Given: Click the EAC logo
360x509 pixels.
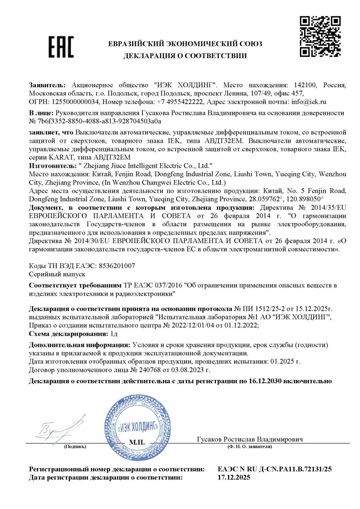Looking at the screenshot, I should click(x=61, y=47).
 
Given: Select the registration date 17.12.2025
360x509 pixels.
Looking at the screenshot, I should click(x=234, y=477).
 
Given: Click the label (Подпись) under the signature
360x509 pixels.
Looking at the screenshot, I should click(x=75, y=447).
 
